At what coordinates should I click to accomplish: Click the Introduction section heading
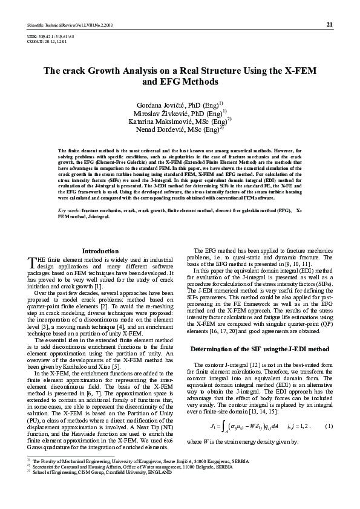point(100,251)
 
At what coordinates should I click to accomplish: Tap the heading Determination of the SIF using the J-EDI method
point(259,332)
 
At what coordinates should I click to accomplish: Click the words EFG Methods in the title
point(179,82)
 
